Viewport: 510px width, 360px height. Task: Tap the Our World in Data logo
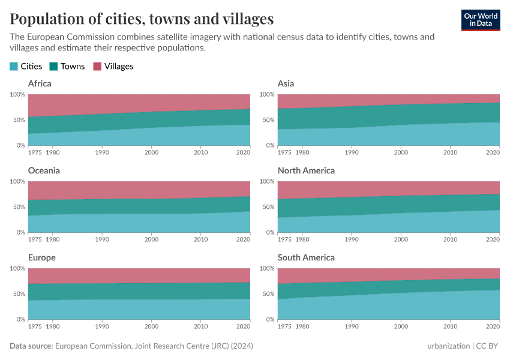[480, 19]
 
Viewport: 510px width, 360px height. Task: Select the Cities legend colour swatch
[14, 67]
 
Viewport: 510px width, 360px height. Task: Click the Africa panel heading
[40, 83]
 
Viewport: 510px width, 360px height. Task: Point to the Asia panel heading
[286, 83]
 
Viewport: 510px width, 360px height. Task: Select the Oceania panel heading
[44, 170]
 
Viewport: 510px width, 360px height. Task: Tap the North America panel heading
[306, 170]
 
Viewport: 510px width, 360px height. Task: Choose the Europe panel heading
[41, 257]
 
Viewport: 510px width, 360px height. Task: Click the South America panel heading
[306, 257]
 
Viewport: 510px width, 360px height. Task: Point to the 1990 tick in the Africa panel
[102, 152]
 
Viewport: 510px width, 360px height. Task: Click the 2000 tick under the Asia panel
[401, 152]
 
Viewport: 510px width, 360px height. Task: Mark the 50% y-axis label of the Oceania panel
[17, 207]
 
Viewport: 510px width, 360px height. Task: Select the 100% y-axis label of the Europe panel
[16, 269]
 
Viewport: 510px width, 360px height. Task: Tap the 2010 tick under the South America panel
[450, 326]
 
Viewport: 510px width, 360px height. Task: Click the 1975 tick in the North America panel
[284, 239]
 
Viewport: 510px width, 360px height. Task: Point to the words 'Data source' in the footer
[31, 346]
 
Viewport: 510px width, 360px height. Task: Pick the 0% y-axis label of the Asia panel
[269, 145]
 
